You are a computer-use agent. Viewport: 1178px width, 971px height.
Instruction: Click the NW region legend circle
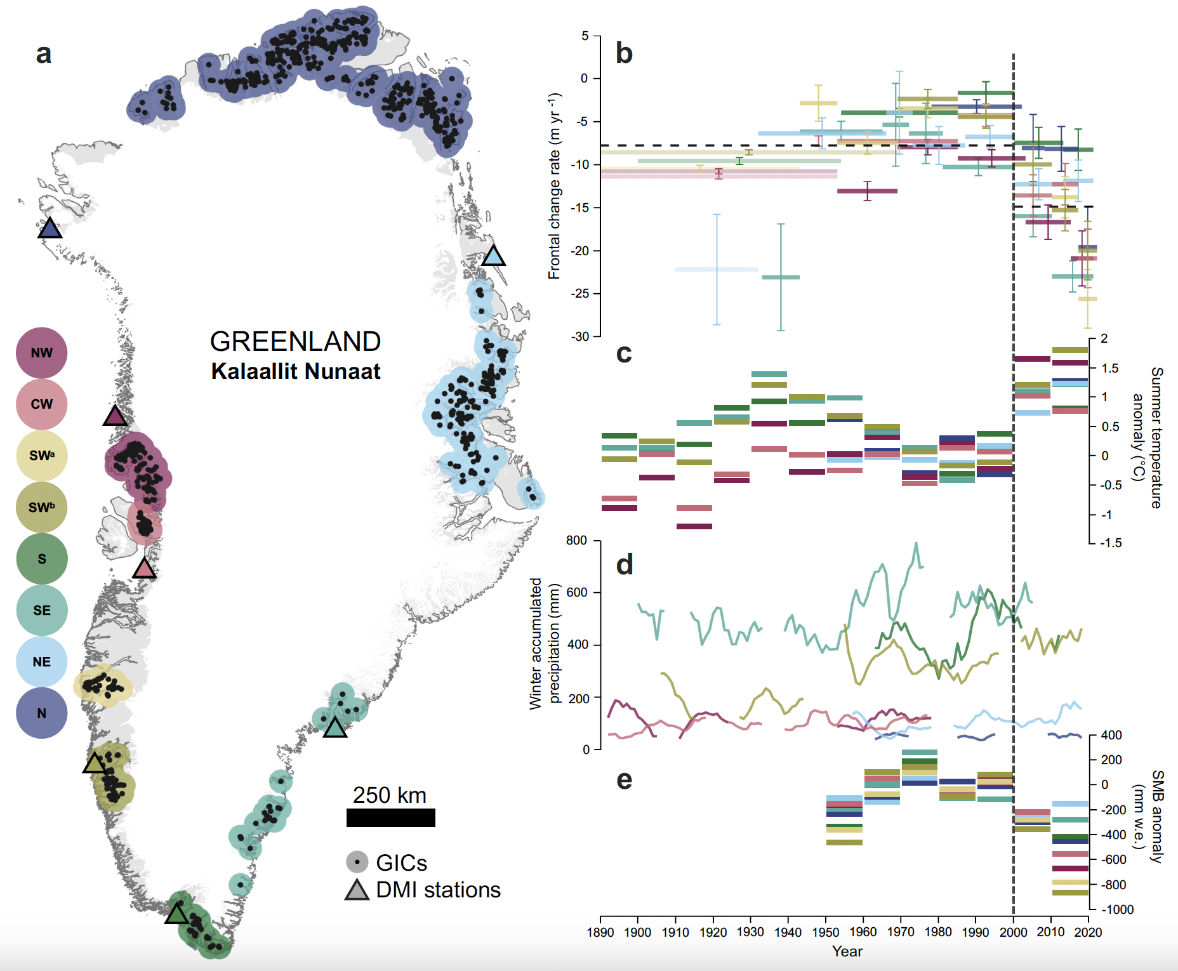pos(42,353)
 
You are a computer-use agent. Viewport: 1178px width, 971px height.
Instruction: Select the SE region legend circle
pos(42,610)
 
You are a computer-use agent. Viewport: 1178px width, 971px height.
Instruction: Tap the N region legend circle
pos(42,713)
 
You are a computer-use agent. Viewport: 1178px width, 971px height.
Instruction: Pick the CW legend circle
pos(42,404)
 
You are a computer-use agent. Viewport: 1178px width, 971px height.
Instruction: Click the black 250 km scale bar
pos(390,817)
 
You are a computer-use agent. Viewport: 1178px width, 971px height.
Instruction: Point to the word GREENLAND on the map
pos(295,341)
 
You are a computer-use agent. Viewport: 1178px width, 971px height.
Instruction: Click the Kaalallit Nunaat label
pos(295,371)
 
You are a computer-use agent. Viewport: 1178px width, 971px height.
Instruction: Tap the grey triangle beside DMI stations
pos(357,890)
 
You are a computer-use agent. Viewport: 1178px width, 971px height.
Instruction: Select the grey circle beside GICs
pos(357,862)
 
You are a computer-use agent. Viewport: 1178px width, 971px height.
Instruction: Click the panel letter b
pos(624,53)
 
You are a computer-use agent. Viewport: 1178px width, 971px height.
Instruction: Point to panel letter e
pos(624,780)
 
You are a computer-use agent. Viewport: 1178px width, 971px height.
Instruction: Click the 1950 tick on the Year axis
pos(825,932)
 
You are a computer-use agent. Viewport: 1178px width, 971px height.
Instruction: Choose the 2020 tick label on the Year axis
pos(1088,932)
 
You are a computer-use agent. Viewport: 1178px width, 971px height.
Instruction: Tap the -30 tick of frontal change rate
pos(580,336)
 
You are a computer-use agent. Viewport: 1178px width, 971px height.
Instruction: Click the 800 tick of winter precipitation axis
pos(576,540)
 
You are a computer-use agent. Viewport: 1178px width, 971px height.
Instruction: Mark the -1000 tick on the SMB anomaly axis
pos(1117,909)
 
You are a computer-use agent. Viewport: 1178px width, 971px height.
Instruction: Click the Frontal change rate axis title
pos(555,186)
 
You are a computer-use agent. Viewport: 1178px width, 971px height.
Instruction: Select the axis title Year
pos(847,951)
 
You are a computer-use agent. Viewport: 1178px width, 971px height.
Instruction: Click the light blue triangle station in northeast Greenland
pos(493,257)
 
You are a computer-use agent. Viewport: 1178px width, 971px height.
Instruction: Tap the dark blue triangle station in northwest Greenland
pos(50,228)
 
